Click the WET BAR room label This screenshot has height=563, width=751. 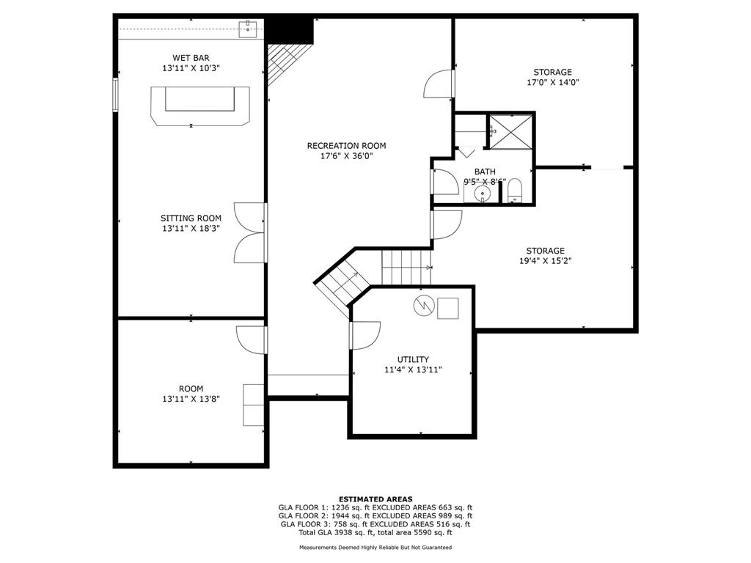point(191,58)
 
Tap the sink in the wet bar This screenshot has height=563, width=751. point(248,29)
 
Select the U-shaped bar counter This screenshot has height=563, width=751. point(200,106)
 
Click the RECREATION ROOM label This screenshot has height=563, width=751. point(346,146)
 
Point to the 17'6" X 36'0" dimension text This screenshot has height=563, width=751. point(346,156)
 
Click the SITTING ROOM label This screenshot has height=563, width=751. point(191,218)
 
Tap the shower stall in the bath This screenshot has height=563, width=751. point(510,132)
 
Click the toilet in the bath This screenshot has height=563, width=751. point(515,191)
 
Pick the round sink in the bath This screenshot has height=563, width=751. point(483,194)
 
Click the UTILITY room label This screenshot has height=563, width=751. point(413,359)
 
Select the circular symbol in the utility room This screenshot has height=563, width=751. point(424,306)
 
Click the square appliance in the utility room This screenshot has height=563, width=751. point(448,309)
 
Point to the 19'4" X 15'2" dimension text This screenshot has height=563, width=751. point(546,261)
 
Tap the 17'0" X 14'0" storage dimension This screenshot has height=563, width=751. point(553,82)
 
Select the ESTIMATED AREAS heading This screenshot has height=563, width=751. point(375,498)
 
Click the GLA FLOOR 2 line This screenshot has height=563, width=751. point(375,515)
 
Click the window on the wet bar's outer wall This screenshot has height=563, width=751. point(115,95)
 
